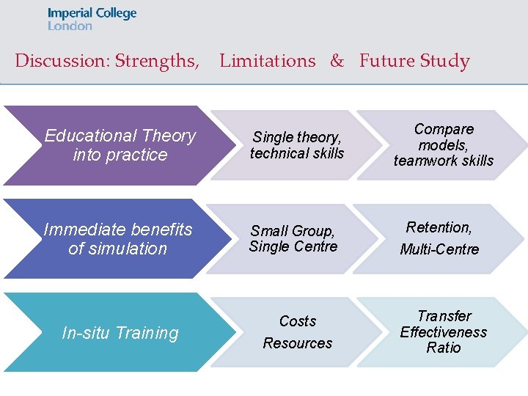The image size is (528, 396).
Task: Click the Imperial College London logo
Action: pyautogui.click(x=92, y=19)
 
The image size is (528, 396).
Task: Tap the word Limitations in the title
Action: pyautogui.click(x=267, y=61)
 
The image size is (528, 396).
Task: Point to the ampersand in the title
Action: pyautogui.click(x=337, y=61)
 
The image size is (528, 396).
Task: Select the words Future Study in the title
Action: pyautogui.click(x=414, y=61)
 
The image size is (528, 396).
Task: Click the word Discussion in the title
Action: pyautogui.click(x=62, y=61)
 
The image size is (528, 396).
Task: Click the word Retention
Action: pyautogui.click(x=439, y=227)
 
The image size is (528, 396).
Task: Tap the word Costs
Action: pyautogui.click(x=298, y=321)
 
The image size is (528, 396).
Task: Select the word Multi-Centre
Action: pyautogui.click(x=439, y=250)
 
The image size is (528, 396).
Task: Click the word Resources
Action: pyautogui.click(x=298, y=343)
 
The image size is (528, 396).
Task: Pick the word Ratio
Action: pyautogui.click(x=444, y=348)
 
